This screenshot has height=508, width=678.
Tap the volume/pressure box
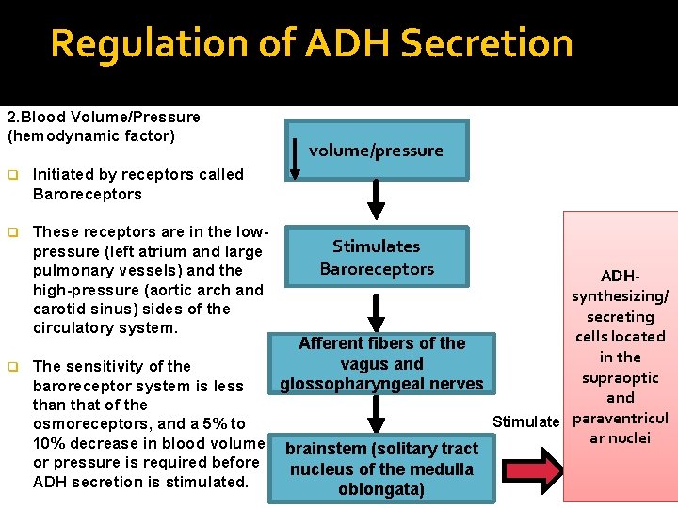click(x=378, y=150)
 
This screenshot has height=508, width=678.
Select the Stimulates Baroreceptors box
click(x=377, y=257)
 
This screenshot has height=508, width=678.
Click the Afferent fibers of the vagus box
click(x=381, y=363)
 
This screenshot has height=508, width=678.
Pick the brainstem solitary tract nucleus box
click(x=381, y=468)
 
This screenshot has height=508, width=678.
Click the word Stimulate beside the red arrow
click(x=525, y=421)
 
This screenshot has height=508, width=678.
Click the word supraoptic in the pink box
click(x=620, y=377)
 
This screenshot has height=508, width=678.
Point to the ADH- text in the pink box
click(x=620, y=277)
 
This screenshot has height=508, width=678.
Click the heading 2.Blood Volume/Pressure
click(x=104, y=118)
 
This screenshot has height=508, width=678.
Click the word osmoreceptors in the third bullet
click(x=86, y=424)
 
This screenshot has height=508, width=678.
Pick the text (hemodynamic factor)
click(x=90, y=136)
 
